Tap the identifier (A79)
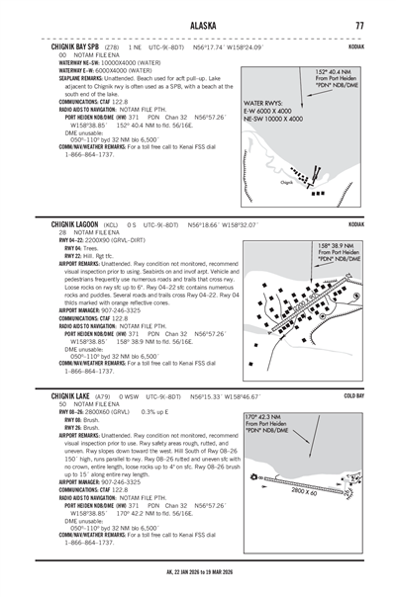(102, 394)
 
